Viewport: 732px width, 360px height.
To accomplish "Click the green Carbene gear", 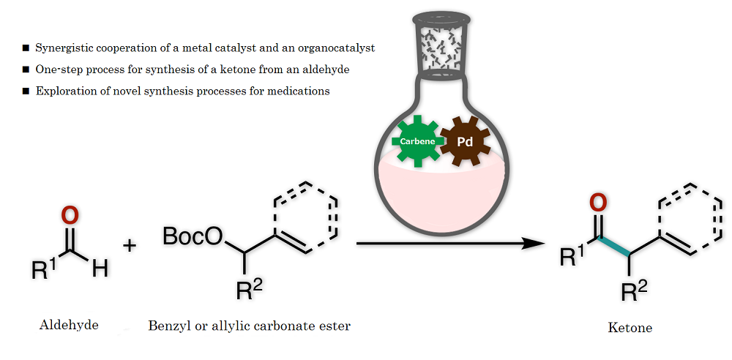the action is pyautogui.click(x=418, y=141).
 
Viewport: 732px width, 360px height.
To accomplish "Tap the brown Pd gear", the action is pyautogui.click(x=466, y=141).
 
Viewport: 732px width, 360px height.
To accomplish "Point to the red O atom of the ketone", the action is pyautogui.click(x=598, y=203).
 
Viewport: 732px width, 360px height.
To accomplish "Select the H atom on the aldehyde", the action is pyautogui.click(x=100, y=269).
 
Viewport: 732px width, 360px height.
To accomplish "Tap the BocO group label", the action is pyautogui.click(x=193, y=237).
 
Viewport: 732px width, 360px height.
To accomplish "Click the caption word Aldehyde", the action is pyautogui.click(x=69, y=326).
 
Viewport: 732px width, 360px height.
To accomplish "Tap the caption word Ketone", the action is pyautogui.click(x=630, y=328).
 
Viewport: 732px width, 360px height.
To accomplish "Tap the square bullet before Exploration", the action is pyautogui.click(x=26, y=91).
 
